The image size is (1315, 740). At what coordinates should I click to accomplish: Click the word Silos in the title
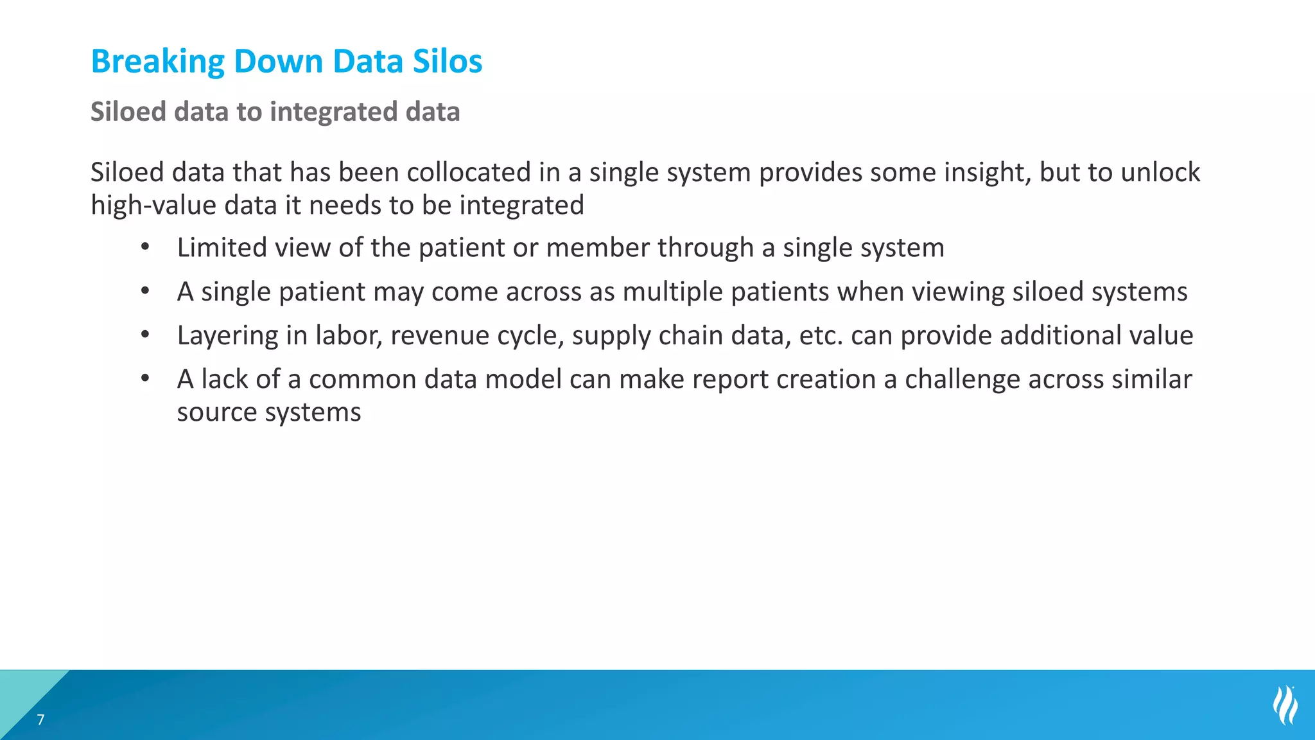[x=447, y=62]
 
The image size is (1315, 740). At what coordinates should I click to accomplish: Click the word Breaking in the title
[x=158, y=62]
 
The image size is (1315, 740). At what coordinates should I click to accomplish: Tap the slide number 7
[x=40, y=719]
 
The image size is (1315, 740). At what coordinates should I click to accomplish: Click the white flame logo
[x=1285, y=705]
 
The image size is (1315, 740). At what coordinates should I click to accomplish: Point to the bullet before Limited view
[x=146, y=247]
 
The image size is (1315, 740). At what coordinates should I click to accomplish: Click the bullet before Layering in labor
[x=146, y=335]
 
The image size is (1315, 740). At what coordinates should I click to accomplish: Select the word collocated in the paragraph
[x=469, y=172]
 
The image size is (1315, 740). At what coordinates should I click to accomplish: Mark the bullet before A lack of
[x=146, y=378]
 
